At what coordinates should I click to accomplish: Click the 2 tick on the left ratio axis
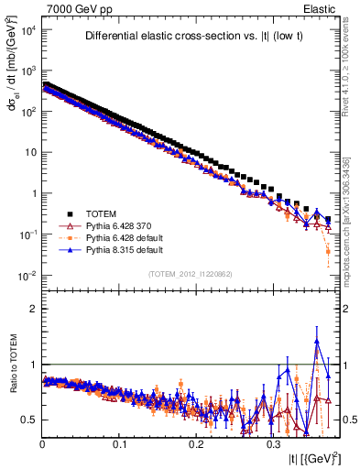pos(34,309)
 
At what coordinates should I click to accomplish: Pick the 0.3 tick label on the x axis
pos(273,443)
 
